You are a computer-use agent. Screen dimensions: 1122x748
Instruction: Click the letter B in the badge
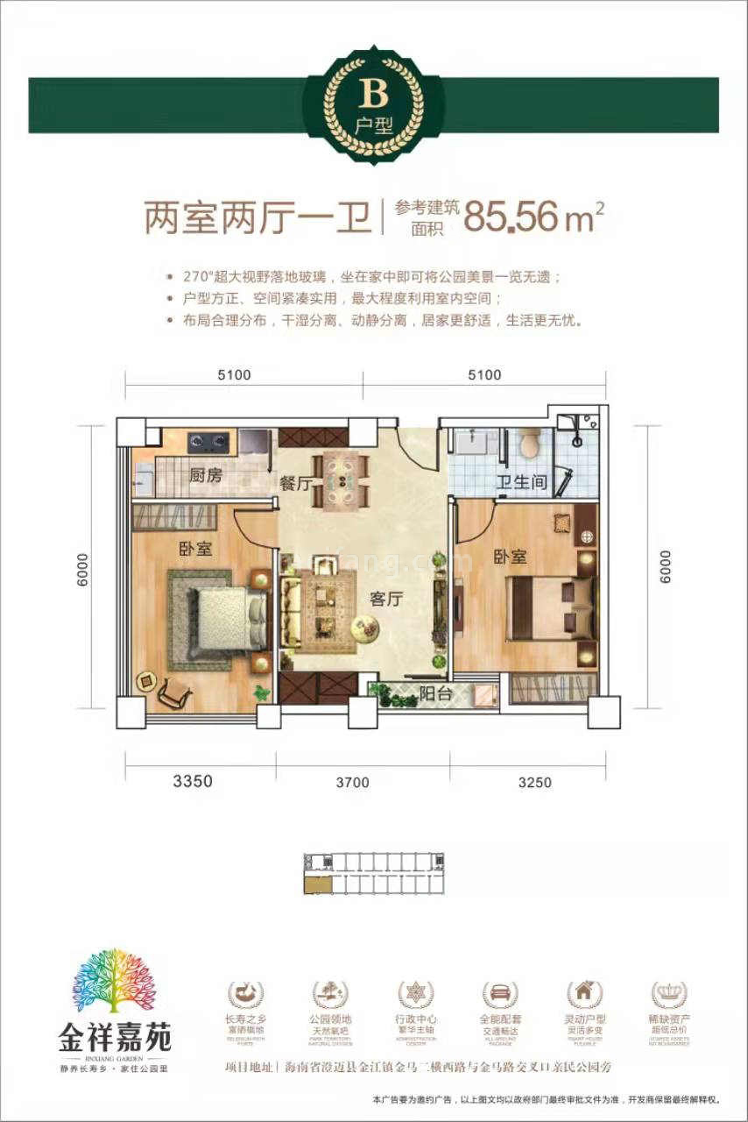tap(373, 94)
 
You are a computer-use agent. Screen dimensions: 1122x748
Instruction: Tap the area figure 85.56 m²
tap(534, 217)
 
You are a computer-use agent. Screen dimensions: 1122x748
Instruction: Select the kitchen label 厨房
tap(207, 476)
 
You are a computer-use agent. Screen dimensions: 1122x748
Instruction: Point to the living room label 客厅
tap(385, 600)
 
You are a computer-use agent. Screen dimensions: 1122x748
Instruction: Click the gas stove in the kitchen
tap(209, 442)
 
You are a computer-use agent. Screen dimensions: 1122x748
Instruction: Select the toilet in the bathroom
tap(529, 444)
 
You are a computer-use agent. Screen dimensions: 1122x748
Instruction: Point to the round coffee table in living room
tap(365, 627)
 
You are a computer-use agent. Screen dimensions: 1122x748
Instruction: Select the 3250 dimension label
tap(534, 782)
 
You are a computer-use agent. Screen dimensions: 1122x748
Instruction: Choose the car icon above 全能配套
tap(500, 994)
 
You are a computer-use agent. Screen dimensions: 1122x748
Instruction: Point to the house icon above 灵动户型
tap(584, 994)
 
